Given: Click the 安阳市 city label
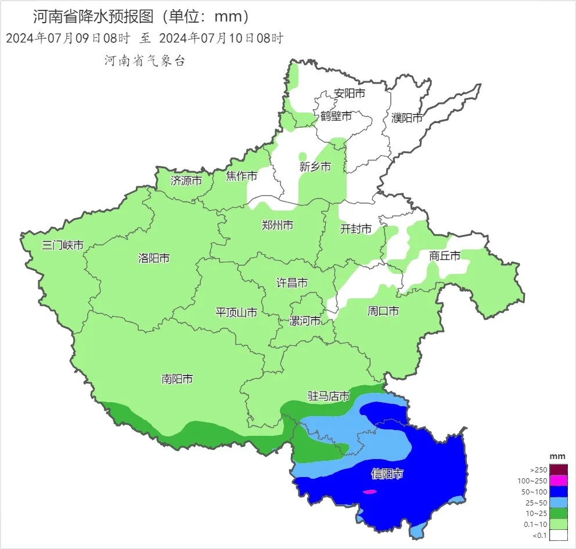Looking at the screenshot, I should tap(350, 93).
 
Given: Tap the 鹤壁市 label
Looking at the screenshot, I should tap(336, 116).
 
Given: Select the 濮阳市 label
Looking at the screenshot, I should tap(407, 118).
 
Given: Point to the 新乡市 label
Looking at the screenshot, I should tap(315, 167).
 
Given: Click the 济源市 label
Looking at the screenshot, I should tap(186, 180).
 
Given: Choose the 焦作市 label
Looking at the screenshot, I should tap(242, 176).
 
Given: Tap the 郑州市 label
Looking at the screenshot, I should tap(278, 226).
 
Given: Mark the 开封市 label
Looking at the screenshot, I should tap(355, 229).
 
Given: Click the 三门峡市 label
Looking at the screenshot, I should tap(63, 245).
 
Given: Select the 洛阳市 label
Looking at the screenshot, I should tap(154, 258).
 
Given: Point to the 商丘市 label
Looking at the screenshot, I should tap(445, 255).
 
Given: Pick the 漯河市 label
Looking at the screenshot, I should tap(305, 321).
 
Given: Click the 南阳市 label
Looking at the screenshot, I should tap(177, 380).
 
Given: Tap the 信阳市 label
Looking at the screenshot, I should tap(387, 474).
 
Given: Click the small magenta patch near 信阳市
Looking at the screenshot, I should tap(369, 492).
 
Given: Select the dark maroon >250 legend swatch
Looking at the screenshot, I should tap(559, 469).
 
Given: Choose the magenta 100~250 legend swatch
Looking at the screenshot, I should tap(559, 481).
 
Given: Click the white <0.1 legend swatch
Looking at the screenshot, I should tap(559, 535).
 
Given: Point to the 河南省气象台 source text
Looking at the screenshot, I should tap(145, 61).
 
